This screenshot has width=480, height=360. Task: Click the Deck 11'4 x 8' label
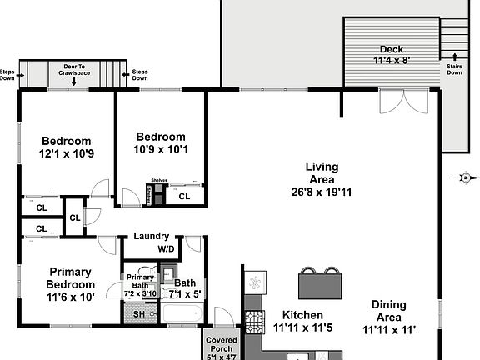pos(392,54)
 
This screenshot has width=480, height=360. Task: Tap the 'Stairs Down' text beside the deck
pos(454,68)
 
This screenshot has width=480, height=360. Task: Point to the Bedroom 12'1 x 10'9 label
pos(67,147)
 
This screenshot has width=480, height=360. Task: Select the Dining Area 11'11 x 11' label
pos(389,317)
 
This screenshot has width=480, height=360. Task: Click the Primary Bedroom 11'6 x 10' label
pos(70,283)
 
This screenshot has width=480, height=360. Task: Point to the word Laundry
pos(151,236)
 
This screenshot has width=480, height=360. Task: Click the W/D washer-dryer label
pos(167,248)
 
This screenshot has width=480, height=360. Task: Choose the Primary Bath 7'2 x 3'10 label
pos(140,285)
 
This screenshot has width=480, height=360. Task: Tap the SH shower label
pos(138,313)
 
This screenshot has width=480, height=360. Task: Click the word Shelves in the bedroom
pos(159,180)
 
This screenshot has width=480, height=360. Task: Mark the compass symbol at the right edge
pos(466,177)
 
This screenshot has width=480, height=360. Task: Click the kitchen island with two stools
pos(322,285)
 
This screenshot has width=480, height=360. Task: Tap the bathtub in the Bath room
pos(181,314)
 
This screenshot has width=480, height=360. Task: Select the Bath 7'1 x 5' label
pos(184,287)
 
